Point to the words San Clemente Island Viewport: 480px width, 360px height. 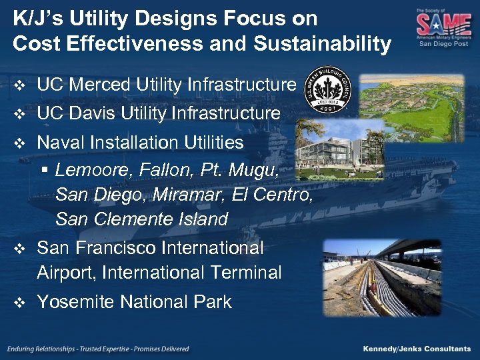coord(141,219)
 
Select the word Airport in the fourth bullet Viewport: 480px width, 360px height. coord(67,273)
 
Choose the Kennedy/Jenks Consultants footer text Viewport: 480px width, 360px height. coord(417,349)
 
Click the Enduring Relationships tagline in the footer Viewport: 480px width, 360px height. coord(99,349)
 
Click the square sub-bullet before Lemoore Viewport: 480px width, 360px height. coord(45,171)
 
